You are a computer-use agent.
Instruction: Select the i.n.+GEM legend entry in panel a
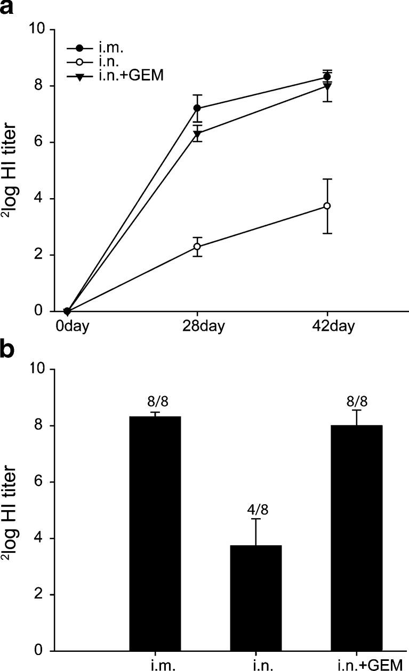click(115, 76)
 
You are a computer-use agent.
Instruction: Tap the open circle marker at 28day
click(197, 247)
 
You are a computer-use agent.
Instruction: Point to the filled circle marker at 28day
click(197, 109)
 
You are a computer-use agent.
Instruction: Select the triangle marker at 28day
click(197, 134)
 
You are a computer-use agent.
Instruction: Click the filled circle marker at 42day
click(327, 77)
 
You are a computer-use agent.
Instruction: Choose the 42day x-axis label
click(327, 325)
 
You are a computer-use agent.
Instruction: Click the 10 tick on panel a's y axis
click(42, 30)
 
